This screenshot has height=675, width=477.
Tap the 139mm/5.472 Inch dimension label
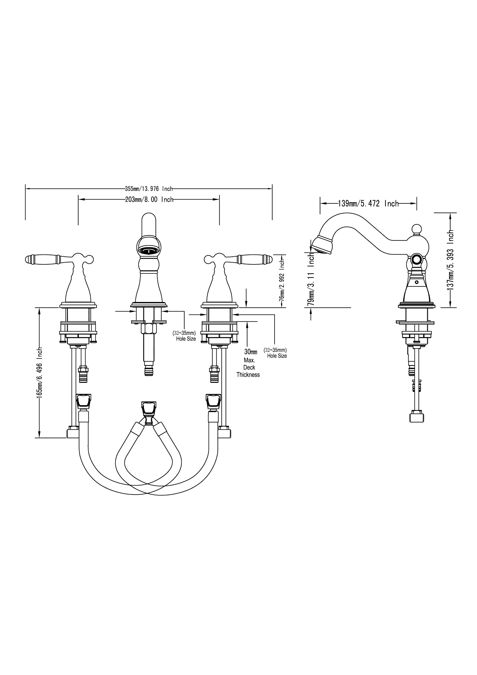click(x=368, y=203)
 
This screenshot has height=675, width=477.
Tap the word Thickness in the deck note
click(x=248, y=375)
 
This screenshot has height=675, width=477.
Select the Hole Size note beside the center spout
click(x=186, y=339)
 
